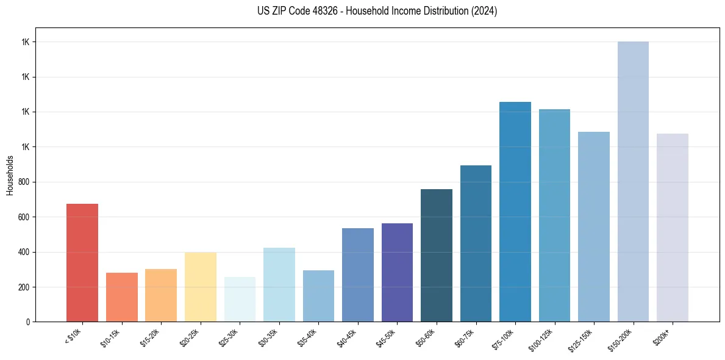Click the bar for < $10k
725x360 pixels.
point(82,262)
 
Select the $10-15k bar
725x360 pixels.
point(121,297)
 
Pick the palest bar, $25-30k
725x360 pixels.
point(240,299)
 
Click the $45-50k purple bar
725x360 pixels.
point(397,272)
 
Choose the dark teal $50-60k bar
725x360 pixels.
point(437,255)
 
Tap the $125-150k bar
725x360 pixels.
point(594,226)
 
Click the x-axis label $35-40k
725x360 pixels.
point(309,337)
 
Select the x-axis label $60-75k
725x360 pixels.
point(466,337)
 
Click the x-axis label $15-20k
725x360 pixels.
point(151,337)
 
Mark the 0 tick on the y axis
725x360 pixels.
point(28,322)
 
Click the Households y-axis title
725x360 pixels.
point(10,175)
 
